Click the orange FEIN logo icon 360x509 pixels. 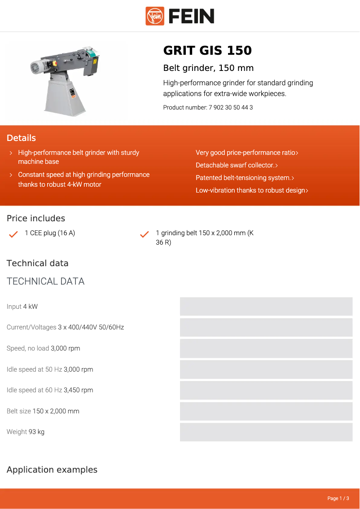pyautogui.click(x=155, y=16)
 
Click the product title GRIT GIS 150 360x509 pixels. pyautogui.click(x=207, y=51)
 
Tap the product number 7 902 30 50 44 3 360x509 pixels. pyautogui.click(x=230, y=108)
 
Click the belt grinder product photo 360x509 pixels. pyautogui.click(x=66, y=80)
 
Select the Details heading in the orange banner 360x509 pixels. pyautogui.click(x=21, y=138)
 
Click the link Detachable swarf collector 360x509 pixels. pyautogui.click(x=237, y=165)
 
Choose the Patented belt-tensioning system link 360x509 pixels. pyautogui.click(x=245, y=178)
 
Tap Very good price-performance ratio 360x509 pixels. pyautogui.click(x=247, y=153)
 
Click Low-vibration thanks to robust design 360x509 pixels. pyautogui.click(x=252, y=190)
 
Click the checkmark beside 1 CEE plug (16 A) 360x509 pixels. pyautogui.click(x=13, y=234)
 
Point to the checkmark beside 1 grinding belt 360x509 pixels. pyautogui.click(x=145, y=234)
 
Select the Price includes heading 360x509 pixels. pyautogui.click(x=36, y=219)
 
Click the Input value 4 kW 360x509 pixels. pyautogui.click(x=31, y=307)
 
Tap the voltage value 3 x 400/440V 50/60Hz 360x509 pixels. pyautogui.click(x=91, y=327)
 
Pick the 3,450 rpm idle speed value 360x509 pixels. pyautogui.click(x=79, y=390)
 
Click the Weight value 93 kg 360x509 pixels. pyautogui.click(x=36, y=432)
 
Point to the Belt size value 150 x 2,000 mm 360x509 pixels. pyautogui.click(x=56, y=411)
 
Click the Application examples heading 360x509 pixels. pyautogui.click(x=52, y=470)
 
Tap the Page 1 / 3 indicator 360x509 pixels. pyautogui.click(x=338, y=498)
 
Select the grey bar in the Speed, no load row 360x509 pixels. pyautogui.click(x=266, y=348)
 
